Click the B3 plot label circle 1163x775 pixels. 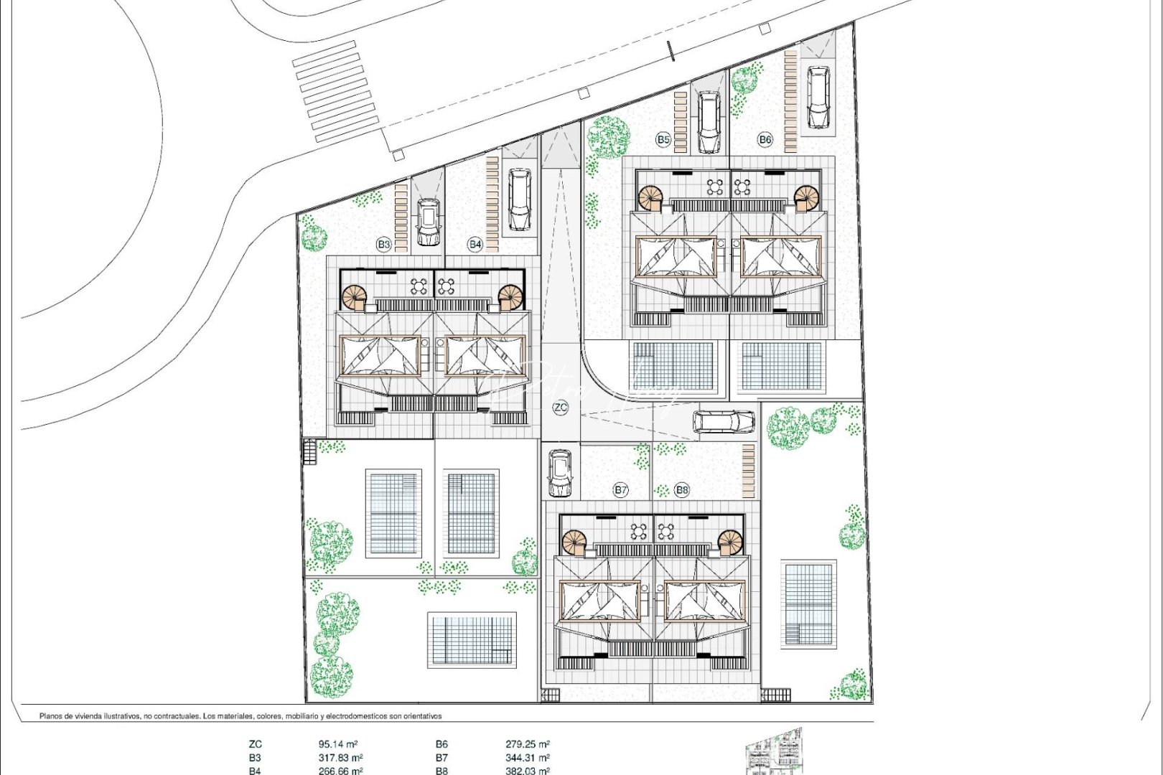point(384,245)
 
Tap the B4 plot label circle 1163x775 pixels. point(475,245)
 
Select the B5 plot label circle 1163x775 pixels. point(663,140)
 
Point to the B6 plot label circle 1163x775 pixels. point(765,140)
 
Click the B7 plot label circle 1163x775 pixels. point(621,490)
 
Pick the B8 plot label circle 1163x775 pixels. point(682,490)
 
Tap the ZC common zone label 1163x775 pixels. point(561,408)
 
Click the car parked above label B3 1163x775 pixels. point(428,222)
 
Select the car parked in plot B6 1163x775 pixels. point(818,97)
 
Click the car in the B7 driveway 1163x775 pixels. point(560,474)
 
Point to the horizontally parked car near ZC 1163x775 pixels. point(724,422)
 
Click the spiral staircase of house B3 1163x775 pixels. point(354,297)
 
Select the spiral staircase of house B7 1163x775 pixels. point(574,542)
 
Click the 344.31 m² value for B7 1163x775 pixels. point(528,758)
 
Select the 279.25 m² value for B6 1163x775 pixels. point(528,745)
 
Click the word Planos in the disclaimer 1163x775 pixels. point(53,715)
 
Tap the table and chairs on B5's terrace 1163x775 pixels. point(715,187)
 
